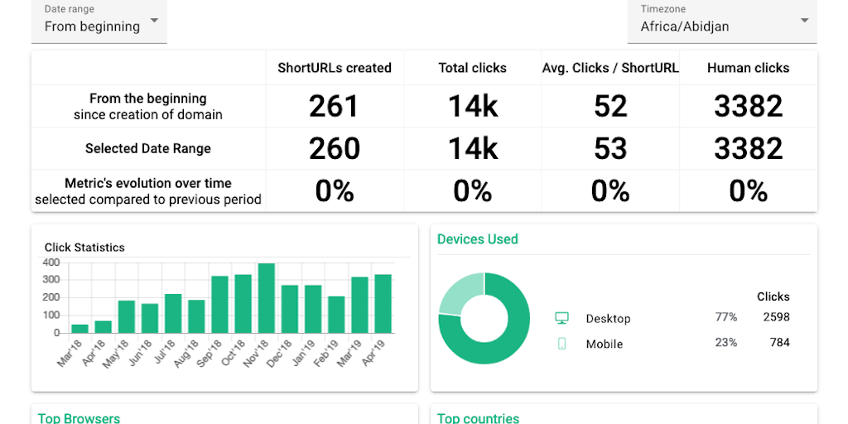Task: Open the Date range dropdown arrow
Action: point(155,21)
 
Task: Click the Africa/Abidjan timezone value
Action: point(684,26)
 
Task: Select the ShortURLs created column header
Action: point(335,68)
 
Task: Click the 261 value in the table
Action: point(335,106)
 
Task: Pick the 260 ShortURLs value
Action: point(335,148)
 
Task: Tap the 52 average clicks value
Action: point(610,106)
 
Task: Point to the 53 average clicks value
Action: point(610,148)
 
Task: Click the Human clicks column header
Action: point(748,68)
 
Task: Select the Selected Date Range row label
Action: point(148,149)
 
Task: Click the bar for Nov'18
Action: point(267,298)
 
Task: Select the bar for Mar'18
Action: point(79,328)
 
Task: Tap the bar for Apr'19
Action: point(383,304)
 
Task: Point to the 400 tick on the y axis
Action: point(51,263)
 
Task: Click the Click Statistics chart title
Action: point(84,247)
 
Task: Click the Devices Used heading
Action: point(478,239)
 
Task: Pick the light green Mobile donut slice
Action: point(458,292)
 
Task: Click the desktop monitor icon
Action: point(561,318)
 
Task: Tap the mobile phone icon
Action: point(561,344)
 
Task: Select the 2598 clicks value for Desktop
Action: point(777,317)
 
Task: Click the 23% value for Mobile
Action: point(726,342)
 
